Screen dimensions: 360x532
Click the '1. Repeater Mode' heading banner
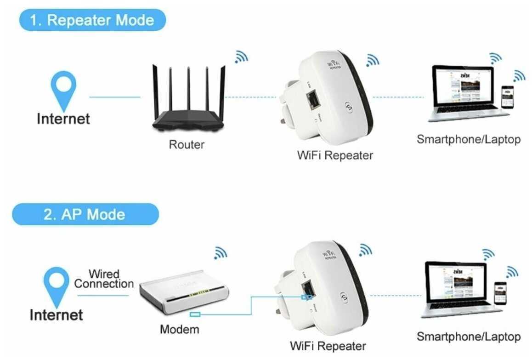point(92,20)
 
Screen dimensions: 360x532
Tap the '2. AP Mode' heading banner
point(85,214)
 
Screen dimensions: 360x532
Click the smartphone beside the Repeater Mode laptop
point(507,97)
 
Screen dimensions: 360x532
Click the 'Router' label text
point(187,145)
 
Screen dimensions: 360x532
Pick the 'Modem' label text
point(180,329)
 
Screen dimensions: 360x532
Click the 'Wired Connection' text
point(104,279)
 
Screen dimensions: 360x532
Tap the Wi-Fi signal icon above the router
point(241,57)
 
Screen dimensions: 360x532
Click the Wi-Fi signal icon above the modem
point(221,252)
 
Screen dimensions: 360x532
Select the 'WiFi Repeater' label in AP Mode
point(328,346)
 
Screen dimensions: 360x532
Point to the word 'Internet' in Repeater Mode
point(63,119)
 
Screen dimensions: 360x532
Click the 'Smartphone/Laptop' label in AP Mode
point(469,337)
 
